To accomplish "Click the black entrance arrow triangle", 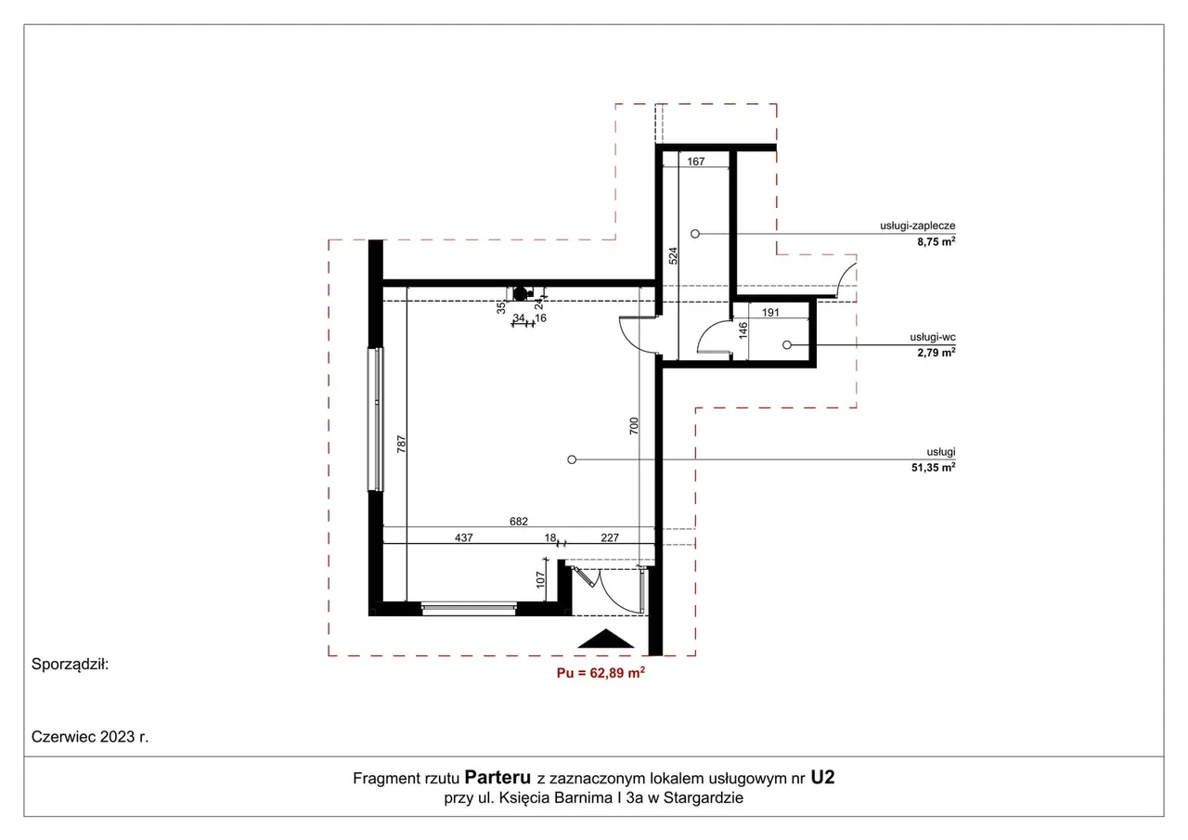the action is coord(606,640).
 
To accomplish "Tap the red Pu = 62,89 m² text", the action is coord(600,673).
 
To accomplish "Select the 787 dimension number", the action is coord(402,445).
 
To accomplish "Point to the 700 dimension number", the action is coord(634,426).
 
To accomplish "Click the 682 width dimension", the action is coord(519,522).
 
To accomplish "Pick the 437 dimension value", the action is coord(463,537).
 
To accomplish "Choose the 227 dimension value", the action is coord(610,537).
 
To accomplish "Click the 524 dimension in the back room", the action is coord(673,256).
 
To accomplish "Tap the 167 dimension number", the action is coord(696,162).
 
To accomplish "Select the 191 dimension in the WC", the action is coord(770,313).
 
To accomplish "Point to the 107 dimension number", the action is coord(540,579).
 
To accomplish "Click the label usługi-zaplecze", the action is coord(918,226).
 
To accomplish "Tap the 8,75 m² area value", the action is coord(936,242).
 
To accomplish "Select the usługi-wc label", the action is coord(933,337).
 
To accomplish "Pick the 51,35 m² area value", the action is coord(934,467).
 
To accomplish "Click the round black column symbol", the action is coord(521,293).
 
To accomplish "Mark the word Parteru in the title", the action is coord(497,778).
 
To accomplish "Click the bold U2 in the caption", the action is coord(822,778).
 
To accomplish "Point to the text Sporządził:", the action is coord(70,664).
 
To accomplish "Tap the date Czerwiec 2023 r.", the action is coord(90,737).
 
